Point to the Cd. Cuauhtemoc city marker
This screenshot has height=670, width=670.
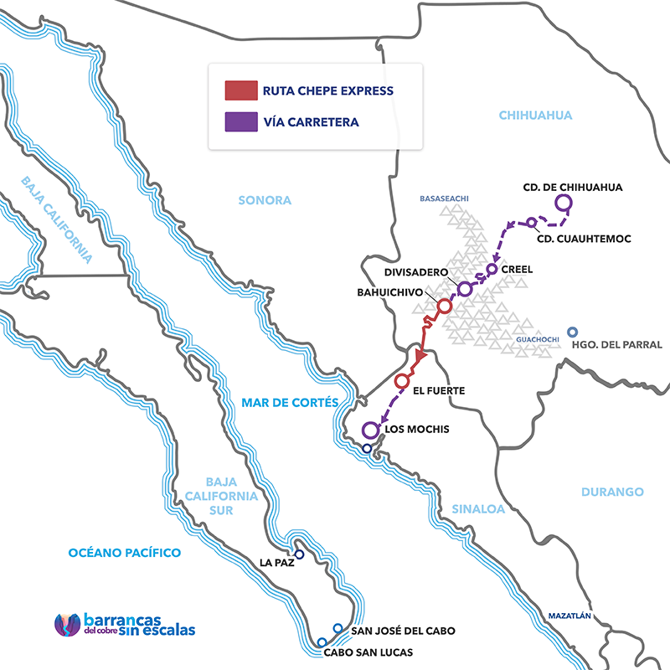[532, 222]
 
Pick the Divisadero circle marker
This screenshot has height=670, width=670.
[465, 288]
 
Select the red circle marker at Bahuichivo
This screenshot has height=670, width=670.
[445, 306]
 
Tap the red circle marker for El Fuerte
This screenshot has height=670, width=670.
[401, 381]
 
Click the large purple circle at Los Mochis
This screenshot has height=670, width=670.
[370, 430]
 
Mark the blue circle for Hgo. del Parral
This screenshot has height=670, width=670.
[573, 332]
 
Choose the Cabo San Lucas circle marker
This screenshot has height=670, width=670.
[322, 642]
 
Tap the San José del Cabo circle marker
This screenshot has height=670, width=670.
[338, 628]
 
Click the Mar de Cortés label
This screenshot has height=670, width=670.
[289, 403]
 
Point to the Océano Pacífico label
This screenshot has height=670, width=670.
[125, 553]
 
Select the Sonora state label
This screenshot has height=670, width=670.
[265, 200]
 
